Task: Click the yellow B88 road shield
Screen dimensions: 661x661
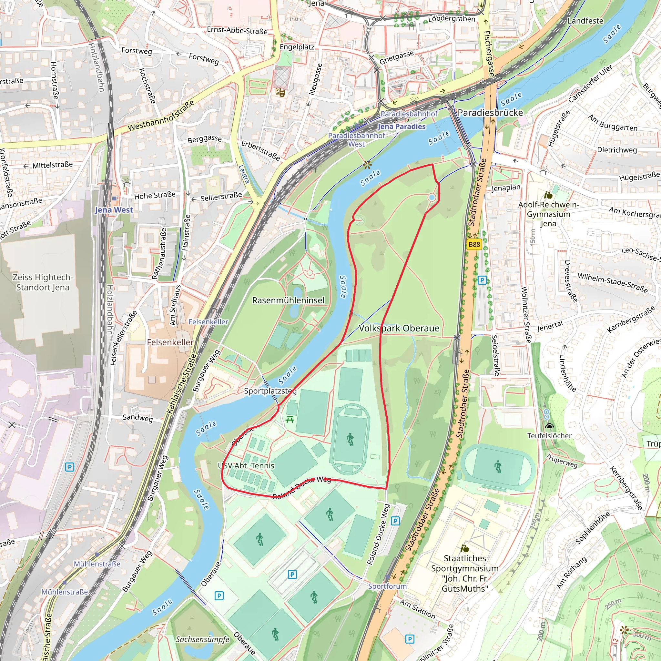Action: tap(474, 244)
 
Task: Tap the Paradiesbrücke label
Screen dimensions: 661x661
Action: tap(490, 113)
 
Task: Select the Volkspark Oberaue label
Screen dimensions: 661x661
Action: tap(399, 328)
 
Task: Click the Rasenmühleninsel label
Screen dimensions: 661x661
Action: tap(288, 300)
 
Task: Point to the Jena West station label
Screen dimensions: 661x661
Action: tap(114, 210)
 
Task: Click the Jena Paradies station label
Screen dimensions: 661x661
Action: tap(402, 127)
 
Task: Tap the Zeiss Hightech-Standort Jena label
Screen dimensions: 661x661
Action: tap(43, 282)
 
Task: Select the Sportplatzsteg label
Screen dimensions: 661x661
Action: tap(270, 391)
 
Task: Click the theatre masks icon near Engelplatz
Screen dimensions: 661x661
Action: tap(280, 92)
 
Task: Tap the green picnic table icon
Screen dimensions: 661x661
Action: tap(290, 419)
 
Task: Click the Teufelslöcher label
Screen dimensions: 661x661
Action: tap(549, 435)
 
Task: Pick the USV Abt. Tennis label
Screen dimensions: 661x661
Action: tap(246, 466)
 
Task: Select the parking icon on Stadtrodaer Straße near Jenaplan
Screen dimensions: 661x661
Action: tap(482, 280)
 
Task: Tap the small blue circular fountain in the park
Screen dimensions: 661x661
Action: tap(432, 198)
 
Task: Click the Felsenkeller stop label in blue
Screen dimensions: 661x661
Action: tap(208, 321)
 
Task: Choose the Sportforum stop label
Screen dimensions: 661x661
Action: tap(387, 586)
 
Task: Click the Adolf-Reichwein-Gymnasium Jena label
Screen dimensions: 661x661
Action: tap(548, 214)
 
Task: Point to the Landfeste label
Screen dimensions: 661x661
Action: tap(585, 21)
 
